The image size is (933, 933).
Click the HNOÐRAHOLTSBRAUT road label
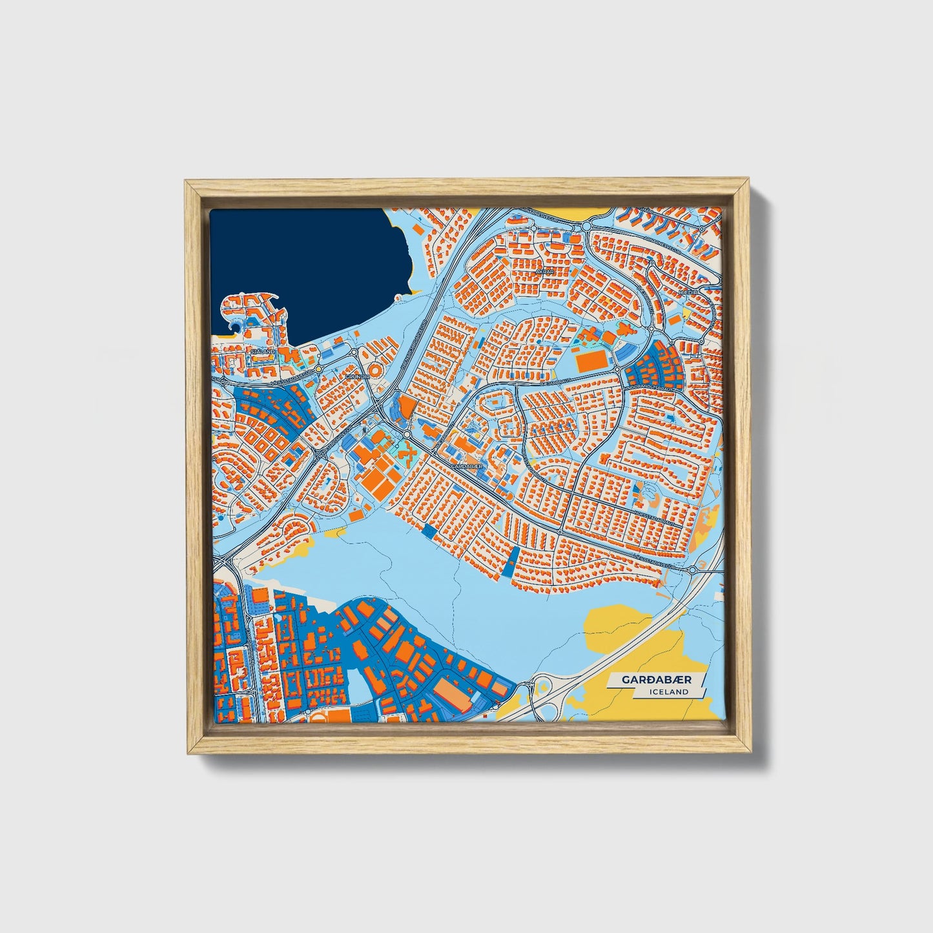(652, 389)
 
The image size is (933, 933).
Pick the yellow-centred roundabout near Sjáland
(318, 369)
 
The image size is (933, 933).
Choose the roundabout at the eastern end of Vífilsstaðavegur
(692, 569)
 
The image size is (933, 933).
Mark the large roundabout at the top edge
(586, 226)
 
